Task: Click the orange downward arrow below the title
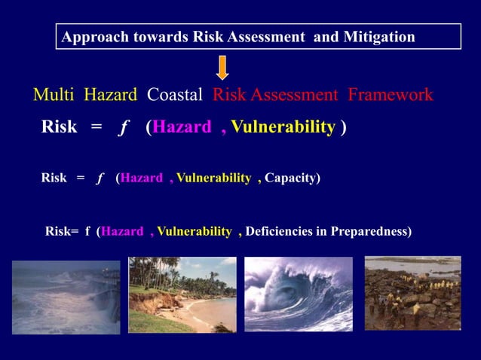point(222,67)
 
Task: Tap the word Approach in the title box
point(89,37)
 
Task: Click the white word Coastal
point(175,95)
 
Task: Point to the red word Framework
point(390,95)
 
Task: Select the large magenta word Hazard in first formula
point(182,127)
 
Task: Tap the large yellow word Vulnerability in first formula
point(283,127)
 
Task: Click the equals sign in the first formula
point(96,127)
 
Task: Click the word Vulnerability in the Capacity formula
point(213,178)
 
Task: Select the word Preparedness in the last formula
point(372,231)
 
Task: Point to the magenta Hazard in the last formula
point(122,231)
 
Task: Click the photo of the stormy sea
point(66,297)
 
